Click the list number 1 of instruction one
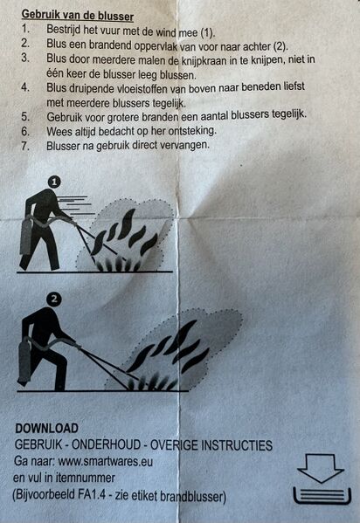pyautogui.click(x=25, y=31)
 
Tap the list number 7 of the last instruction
pyautogui.click(x=25, y=145)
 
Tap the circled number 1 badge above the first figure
pyautogui.click(x=54, y=182)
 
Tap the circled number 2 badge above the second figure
pyautogui.click(x=55, y=299)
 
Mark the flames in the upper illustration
pyautogui.click(x=122, y=236)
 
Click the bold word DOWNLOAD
pyautogui.click(x=46, y=429)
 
